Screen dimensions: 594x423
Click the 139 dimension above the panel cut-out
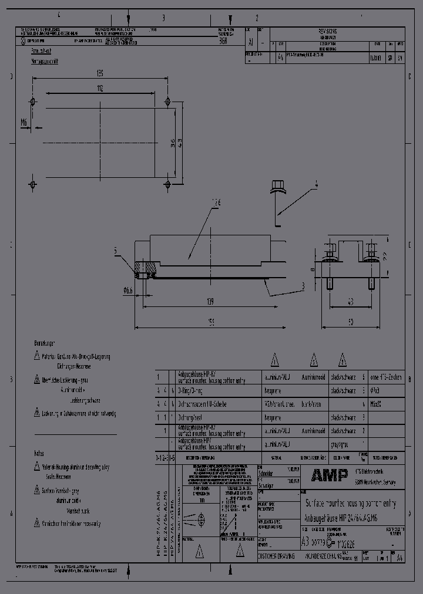pyautogui.click(x=100, y=74)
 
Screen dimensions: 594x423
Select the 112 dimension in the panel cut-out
pyautogui.click(x=100, y=89)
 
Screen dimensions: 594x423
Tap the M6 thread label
pyautogui.click(x=24, y=122)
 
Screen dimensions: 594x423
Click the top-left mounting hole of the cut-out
pyautogui.click(x=33, y=100)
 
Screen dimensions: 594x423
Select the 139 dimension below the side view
pyautogui.click(x=210, y=301)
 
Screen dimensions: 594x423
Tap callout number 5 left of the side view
pyautogui.click(x=116, y=251)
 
